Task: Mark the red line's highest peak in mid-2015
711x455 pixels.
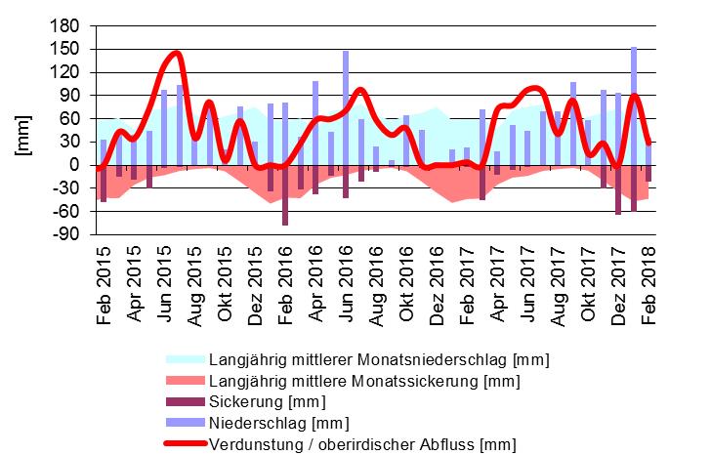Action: point(175,53)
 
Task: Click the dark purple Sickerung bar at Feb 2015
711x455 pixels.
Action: point(104,184)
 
